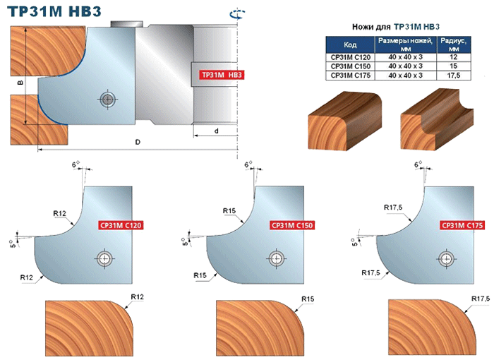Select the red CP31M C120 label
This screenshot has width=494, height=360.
pyautogui.click(x=121, y=225)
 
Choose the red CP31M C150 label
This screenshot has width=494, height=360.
pyautogui.click(x=291, y=225)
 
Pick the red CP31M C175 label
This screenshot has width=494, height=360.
pyautogui.click(x=460, y=225)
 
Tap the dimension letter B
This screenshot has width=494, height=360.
pyautogui.click(x=19, y=83)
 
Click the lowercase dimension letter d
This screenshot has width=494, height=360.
pyautogui.click(x=216, y=131)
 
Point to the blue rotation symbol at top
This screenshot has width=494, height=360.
pyautogui.click(x=235, y=12)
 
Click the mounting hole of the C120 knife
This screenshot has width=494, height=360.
pyautogui.click(x=105, y=258)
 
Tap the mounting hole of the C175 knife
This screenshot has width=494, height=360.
pyautogui.click(x=446, y=258)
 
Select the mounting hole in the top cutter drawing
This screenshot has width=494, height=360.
pyautogui.click(x=107, y=99)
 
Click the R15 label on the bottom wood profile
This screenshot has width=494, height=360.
pyautogui.click(x=307, y=299)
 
